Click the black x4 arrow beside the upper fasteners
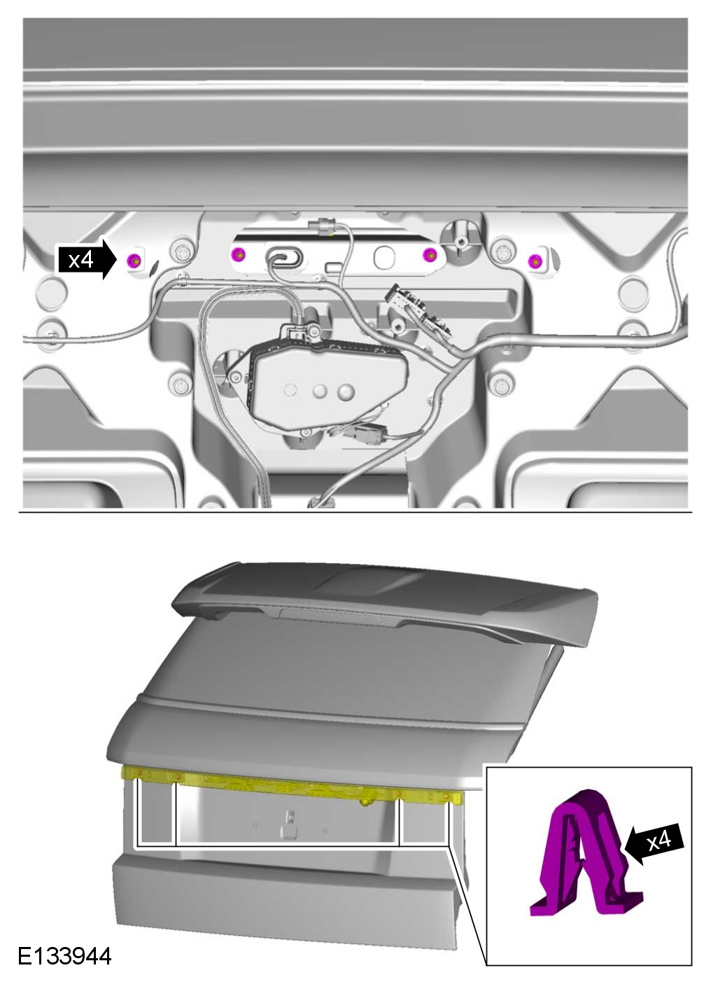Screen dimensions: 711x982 (x=87, y=260)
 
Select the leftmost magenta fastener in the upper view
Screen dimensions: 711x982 (x=135, y=261)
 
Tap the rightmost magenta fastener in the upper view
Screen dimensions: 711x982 (x=535, y=261)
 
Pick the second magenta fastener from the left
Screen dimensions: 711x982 (x=238, y=254)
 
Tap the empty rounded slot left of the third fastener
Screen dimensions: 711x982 (x=384, y=256)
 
